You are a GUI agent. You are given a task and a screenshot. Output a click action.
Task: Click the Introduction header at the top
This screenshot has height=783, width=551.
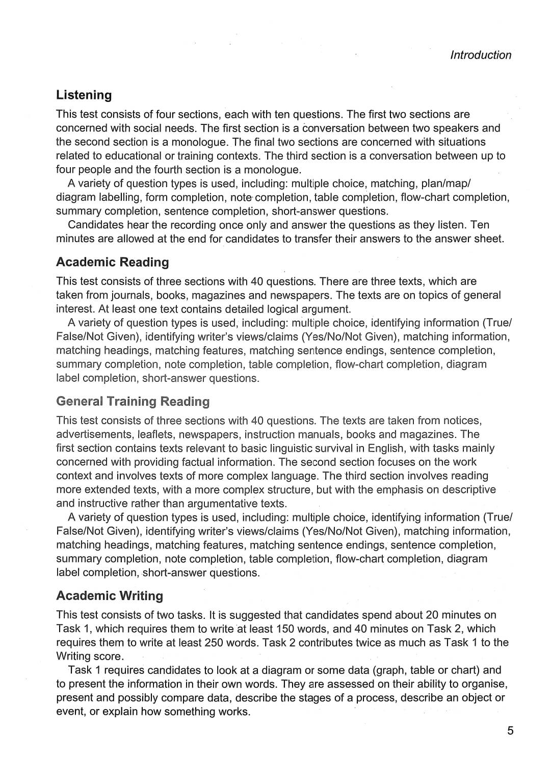pyautogui.click(x=480, y=55)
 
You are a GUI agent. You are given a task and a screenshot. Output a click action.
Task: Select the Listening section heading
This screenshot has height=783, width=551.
pyautogui.click(x=84, y=95)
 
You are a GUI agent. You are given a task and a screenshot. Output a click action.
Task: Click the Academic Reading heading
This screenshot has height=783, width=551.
pyautogui.click(x=112, y=262)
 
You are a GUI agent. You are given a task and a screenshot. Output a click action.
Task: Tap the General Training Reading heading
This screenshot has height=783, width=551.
pyautogui.click(x=133, y=401)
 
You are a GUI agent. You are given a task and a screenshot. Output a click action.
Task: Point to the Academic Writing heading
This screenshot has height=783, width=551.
pyautogui.click(x=110, y=595)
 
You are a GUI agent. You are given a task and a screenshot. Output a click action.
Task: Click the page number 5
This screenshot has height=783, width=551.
pyautogui.click(x=510, y=731)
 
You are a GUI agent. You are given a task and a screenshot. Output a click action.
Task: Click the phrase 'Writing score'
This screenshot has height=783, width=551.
pyautogui.click(x=89, y=656)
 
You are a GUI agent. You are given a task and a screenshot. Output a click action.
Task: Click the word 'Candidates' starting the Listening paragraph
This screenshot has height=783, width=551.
pyautogui.click(x=95, y=225)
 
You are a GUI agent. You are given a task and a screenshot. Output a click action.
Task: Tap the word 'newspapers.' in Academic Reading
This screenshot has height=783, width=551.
pyautogui.click(x=300, y=295)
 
